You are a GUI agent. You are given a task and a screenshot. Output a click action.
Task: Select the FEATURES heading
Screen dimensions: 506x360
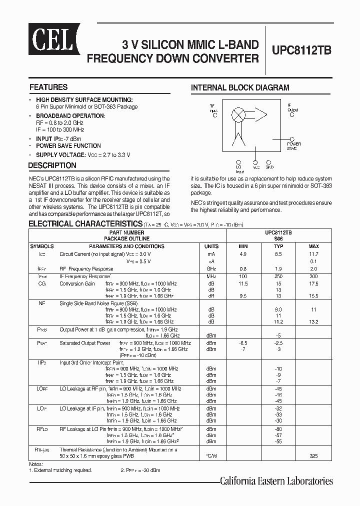pyautogui.click(x=48, y=87)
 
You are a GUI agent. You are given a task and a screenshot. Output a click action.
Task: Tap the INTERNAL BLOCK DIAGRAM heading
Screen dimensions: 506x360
pyautogui.click(x=240, y=87)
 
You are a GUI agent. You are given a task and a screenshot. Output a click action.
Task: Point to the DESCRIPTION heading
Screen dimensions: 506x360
pyautogui.click(x=52, y=165)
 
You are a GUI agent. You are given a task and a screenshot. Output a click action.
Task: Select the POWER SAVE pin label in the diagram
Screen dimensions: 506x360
pyautogui.click(x=293, y=146)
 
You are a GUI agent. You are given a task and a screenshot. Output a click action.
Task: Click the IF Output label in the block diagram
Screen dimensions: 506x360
pyautogui.click(x=292, y=108)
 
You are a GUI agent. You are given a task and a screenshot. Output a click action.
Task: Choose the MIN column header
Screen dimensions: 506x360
pyautogui.click(x=243, y=246)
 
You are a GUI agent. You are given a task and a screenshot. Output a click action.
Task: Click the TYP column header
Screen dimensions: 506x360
pyautogui.click(x=278, y=246)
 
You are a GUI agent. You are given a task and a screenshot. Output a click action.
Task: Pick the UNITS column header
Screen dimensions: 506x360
pyautogui.click(x=211, y=246)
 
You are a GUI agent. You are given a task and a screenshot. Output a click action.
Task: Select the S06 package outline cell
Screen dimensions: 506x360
pyautogui.click(x=278, y=239)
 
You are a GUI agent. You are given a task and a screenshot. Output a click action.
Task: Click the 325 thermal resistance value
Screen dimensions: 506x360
pyautogui.click(x=313, y=456)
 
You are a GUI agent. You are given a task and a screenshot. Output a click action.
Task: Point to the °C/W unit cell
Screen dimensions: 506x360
pyautogui.click(x=211, y=456)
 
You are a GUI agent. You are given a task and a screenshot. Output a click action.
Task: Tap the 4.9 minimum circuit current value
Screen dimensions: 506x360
pyautogui.click(x=243, y=254)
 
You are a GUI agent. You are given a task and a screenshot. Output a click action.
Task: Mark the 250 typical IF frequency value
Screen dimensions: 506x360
pyautogui.click(x=278, y=276)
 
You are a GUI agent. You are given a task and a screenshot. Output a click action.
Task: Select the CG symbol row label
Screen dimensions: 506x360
pyautogui.click(x=42, y=283)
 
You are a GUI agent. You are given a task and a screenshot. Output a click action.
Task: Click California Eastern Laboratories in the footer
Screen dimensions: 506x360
pyautogui.click(x=276, y=481)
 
